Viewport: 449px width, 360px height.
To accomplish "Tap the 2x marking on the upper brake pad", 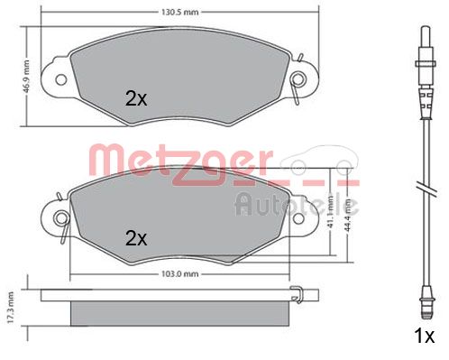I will click(x=136, y=99).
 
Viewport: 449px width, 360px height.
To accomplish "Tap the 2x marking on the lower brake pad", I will click(x=136, y=239).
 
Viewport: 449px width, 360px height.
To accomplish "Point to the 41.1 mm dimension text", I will click(x=331, y=210).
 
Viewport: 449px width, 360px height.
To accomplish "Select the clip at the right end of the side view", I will click(x=298, y=291).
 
